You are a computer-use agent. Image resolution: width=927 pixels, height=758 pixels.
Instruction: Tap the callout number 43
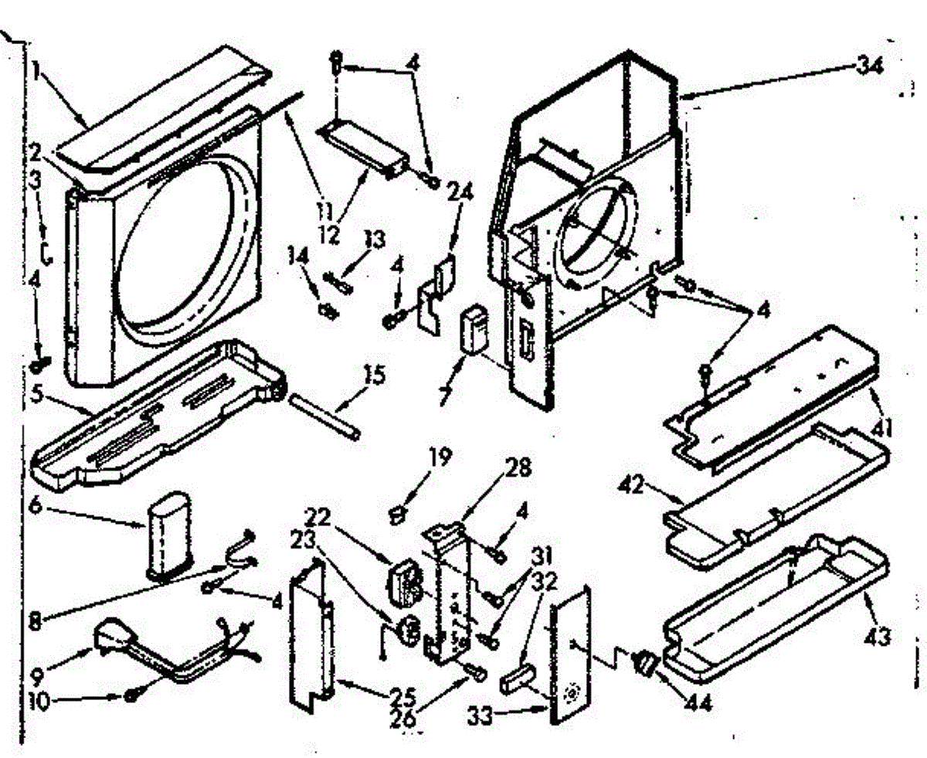[878, 637]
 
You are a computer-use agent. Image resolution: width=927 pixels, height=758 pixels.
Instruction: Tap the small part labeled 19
[397, 511]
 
